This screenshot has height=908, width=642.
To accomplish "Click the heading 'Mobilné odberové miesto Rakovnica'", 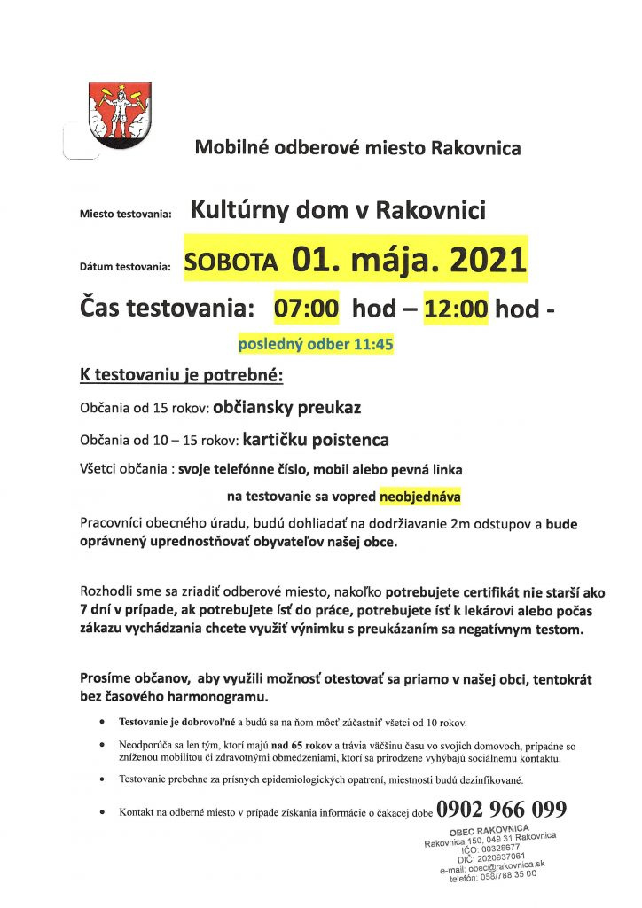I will (x=357, y=147).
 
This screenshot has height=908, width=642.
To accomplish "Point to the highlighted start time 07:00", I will (x=307, y=309).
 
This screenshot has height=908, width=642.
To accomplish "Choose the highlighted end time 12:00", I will (x=457, y=309).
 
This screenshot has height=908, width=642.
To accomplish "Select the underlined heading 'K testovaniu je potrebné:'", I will (x=181, y=376).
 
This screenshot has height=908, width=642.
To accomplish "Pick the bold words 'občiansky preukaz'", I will (x=287, y=409).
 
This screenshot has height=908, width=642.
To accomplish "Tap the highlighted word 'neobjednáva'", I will (x=421, y=496).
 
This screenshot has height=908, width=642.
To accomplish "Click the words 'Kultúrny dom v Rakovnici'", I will (x=338, y=211).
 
